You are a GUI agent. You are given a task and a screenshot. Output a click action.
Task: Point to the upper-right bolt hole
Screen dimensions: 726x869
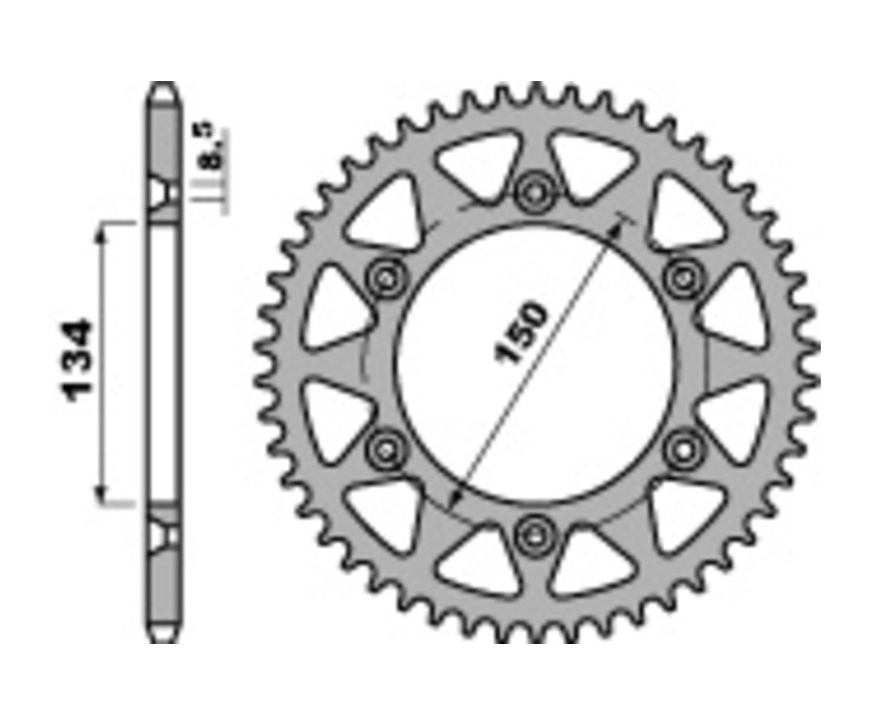coord(685,277)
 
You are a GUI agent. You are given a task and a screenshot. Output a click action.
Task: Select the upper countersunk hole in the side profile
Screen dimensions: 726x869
coord(163,192)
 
